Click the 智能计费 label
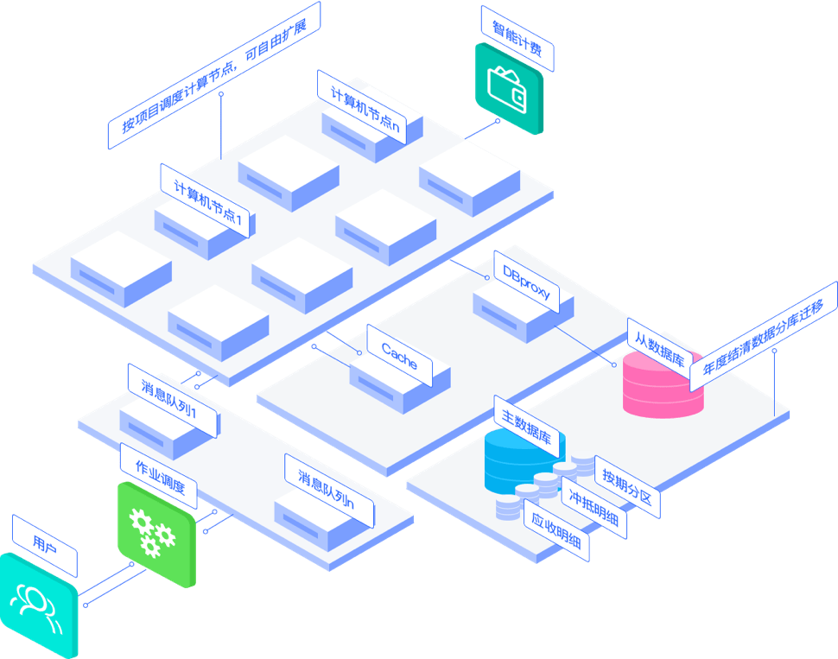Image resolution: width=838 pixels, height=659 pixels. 517,38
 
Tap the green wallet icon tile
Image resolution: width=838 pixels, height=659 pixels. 509,89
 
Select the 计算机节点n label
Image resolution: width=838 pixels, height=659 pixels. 362,104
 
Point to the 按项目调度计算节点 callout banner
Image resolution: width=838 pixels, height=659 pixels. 213,75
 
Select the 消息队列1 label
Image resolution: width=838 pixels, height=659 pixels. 174,398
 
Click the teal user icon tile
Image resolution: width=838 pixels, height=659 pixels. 39,605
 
